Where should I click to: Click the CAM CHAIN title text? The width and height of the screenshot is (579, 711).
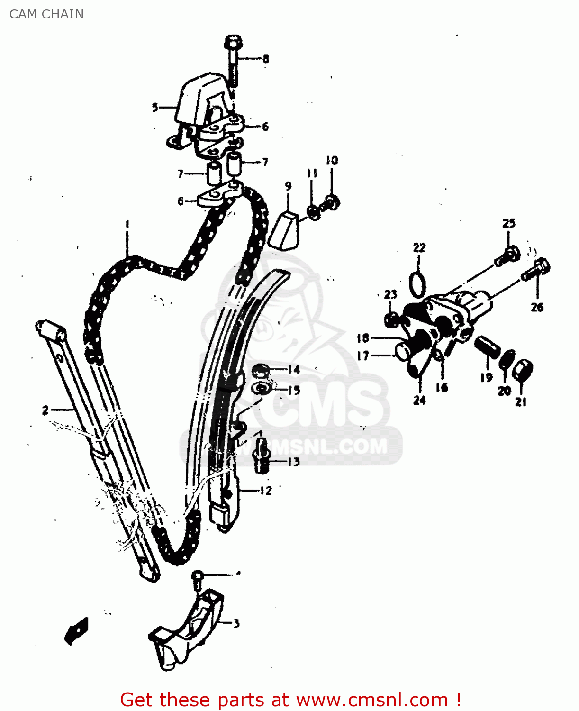pyautogui.click(x=46, y=14)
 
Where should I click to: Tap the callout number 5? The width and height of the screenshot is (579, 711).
pyautogui.click(x=155, y=108)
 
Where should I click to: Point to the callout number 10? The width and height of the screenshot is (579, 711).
pyautogui.click(x=332, y=160)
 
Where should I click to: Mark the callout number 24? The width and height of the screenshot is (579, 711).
pyautogui.click(x=419, y=400)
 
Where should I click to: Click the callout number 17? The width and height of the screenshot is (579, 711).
pyautogui.click(x=363, y=355)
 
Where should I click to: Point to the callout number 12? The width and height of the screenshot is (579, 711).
pyautogui.click(x=266, y=490)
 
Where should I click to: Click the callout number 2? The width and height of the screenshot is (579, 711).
pyautogui.click(x=45, y=410)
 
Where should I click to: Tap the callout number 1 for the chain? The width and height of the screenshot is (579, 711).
pyautogui.click(x=127, y=224)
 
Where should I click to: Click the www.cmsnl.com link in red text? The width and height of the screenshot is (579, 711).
pyautogui.click(x=372, y=700)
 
